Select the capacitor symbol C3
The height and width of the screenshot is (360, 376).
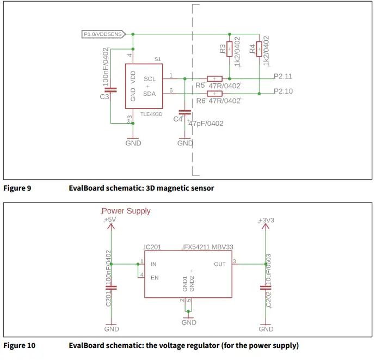click(111, 90)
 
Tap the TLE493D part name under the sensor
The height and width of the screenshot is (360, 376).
click(152, 114)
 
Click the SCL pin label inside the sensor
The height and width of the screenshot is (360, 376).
click(150, 79)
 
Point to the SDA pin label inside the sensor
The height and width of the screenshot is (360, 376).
click(150, 94)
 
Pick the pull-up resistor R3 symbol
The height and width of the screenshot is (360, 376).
click(229, 49)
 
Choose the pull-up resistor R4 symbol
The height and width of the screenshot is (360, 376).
click(258, 48)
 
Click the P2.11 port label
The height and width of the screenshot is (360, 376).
click(283, 76)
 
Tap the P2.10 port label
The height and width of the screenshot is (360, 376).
click(283, 91)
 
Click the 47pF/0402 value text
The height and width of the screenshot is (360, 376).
click(206, 124)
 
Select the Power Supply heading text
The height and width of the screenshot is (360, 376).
click(126, 211)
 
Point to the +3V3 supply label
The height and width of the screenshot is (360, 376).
click(266, 220)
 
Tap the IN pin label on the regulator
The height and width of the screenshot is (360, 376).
click(153, 264)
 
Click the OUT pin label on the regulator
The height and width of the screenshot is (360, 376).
click(219, 264)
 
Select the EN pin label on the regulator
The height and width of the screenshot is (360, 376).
click(154, 277)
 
